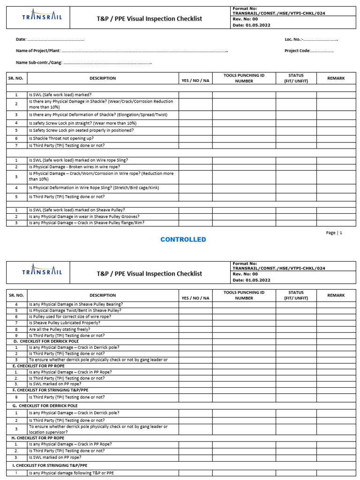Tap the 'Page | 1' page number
point(334,232)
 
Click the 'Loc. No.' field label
point(294,39)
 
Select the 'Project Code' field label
point(297,51)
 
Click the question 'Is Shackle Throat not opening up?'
point(61,139)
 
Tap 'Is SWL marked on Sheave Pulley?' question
point(77,210)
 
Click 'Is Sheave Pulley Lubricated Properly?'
point(64,323)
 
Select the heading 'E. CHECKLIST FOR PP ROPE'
point(39,366)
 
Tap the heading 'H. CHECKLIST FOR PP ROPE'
point(39,438)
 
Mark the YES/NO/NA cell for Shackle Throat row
point(195,139)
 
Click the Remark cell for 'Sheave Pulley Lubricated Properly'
point(336,323)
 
